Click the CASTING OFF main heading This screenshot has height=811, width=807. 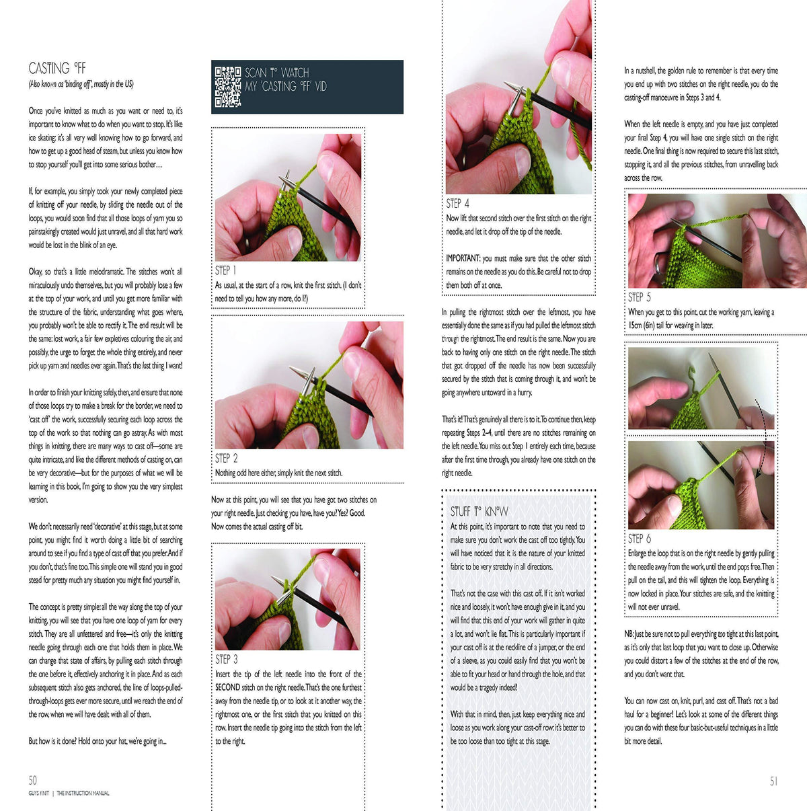click(57, 68)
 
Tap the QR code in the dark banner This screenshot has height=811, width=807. click(228, 87)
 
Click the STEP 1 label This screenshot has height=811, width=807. click(225, 270)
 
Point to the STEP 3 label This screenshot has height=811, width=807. click(226, 660)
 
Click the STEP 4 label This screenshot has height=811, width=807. click(457, 204)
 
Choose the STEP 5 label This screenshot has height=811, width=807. click(639, 297)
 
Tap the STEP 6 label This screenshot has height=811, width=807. click(639, 539)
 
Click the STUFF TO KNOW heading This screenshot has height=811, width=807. click(479, 512)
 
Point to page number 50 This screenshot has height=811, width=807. click(33, 780)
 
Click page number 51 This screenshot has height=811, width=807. click(773, 781)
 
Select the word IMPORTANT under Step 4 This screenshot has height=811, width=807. click(463, 258)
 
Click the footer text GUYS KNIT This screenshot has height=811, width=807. click(38, 794)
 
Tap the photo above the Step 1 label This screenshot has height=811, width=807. click(288, 197)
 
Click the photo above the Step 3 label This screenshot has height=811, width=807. click(288, 599)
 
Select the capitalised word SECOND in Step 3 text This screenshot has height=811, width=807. click(227, 687)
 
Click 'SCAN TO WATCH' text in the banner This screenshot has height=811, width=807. click(276, 73)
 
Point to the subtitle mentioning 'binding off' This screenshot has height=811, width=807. click(81, 84)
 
